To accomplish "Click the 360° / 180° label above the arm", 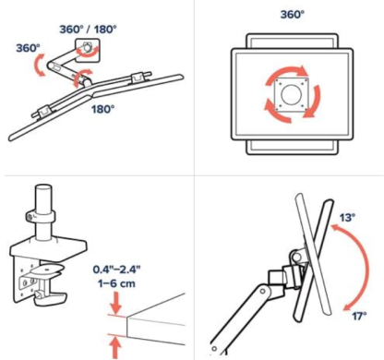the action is click(88, 30).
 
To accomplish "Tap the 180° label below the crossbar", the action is click(103, 109).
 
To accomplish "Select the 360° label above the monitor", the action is click(292, 15).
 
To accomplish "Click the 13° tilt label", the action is click(347, 218).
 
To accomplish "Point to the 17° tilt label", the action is click(359, 316).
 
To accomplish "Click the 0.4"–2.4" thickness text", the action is click(116, 270).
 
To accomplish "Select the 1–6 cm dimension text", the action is click(116, 283).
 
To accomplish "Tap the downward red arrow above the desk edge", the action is click(116, 303).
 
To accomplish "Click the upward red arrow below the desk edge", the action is click(116, 347).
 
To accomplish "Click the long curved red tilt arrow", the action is click(367, 265).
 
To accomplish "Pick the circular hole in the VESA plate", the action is click(290, 95).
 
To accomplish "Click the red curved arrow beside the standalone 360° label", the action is click(39, 66).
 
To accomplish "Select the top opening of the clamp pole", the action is click(43, 187).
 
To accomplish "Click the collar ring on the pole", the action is click(40, 216).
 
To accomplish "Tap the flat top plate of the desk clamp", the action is click(48, 246).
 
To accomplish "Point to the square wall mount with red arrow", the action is click(88, 50).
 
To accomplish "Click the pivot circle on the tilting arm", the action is click(262, 291).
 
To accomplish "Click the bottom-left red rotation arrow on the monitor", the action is click(277, 110).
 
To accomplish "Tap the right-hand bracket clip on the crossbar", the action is click(140, 77).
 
